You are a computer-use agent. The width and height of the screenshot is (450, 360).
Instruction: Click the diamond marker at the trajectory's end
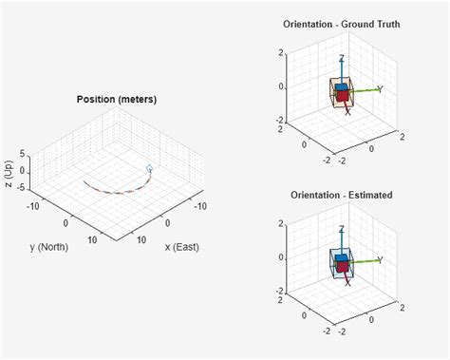[x=149, y=169]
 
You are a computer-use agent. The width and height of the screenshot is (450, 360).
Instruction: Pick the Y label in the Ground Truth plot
[x=380, y=89]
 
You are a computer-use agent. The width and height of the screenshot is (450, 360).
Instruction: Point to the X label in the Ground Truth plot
[x=347, y=112]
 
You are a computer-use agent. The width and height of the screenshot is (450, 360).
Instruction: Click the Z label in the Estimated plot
[x=341, y=230]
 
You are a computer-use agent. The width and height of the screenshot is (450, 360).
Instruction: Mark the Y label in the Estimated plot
[x=380, y=259]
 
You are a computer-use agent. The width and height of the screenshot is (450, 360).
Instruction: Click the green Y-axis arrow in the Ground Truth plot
[x=365, y=90]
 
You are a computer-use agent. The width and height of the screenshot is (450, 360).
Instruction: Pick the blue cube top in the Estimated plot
[x=341, y=258]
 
